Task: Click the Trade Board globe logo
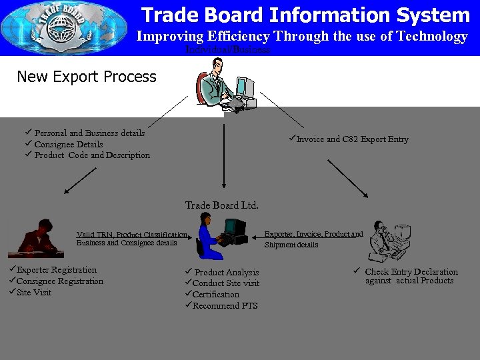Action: (65, 28)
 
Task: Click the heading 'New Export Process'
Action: (87, 77)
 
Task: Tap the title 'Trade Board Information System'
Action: (305, 15)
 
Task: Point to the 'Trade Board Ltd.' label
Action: (221, 205)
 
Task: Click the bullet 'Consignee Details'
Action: (68, 144)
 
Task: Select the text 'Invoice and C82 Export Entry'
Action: (352, 139)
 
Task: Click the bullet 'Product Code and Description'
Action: (92, 155)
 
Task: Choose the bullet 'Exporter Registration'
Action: (56, 270)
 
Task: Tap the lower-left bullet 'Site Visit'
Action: (33, 292)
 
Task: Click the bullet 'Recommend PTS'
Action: (225, 306)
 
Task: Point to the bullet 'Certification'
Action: (216, 295)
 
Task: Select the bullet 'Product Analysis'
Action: (226, 273)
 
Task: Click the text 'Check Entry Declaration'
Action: (411, 272)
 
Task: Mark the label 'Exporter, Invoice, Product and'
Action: (313, 234)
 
